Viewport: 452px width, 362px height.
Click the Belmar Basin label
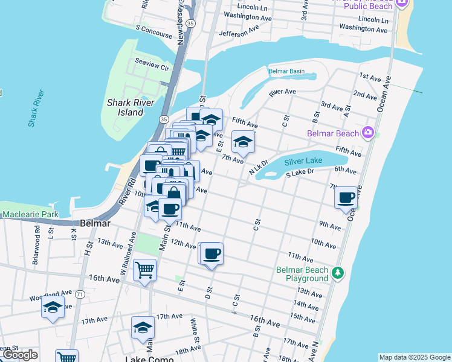[286, 71]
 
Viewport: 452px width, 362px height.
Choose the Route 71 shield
[79, 295]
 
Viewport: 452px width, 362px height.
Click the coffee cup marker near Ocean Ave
[346, 198]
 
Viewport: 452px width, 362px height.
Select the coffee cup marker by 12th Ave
[211, 254]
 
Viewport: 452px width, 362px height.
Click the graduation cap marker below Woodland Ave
[53, 308]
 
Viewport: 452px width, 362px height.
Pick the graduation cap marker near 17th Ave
[143, 328]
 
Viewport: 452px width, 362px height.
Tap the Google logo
[20, 355]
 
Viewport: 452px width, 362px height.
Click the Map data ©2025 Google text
[415, 357]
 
